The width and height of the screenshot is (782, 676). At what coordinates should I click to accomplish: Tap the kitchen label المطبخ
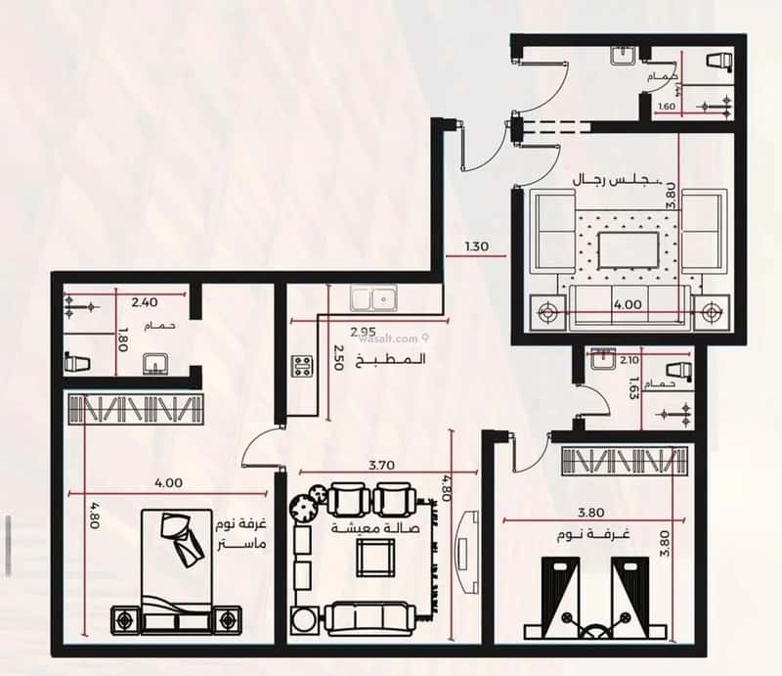coord(402,359)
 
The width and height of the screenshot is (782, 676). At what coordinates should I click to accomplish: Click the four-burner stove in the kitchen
coord(302,368)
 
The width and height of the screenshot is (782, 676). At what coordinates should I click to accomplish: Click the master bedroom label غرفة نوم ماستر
coord(239,533)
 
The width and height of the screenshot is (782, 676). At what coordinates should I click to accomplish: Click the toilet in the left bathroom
coord(77,362)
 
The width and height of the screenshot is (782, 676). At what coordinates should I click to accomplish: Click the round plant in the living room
coord(306,506)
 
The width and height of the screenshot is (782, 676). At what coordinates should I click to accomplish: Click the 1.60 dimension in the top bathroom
coord(667,107)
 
